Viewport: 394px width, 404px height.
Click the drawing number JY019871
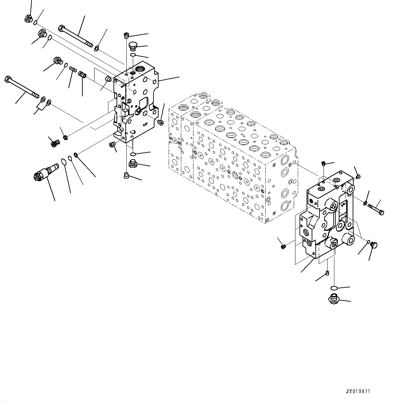358,391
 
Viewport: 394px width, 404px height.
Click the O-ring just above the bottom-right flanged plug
334,288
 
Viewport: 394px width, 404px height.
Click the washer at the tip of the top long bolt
97,48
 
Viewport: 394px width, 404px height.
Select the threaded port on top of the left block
139,70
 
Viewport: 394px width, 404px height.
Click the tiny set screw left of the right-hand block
284,246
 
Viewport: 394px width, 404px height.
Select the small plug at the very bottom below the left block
127,175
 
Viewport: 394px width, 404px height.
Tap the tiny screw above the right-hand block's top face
324,164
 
